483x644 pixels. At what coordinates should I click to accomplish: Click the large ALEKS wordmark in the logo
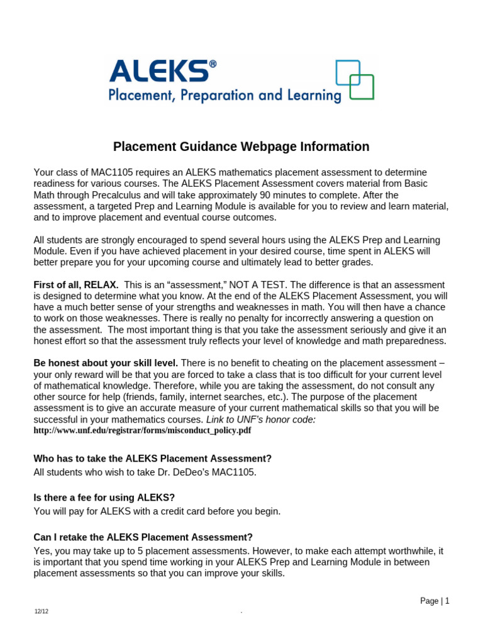click(x=158, y=71)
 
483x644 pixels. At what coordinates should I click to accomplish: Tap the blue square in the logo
click(x=347, y=72)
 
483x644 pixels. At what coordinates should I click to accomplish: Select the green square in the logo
click(x=362, y=87)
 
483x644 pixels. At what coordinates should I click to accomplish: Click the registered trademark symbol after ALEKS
click(x=213, y=64)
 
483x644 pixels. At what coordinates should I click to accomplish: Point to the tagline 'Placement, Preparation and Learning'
click(x=225, y=96)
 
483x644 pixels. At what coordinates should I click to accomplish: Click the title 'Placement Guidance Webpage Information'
click(x=241, y=147)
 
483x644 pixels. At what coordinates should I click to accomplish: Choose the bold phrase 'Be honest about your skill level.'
click(x=106, y=363)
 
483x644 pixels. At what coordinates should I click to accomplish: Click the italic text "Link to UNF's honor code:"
click(x=261, y=419)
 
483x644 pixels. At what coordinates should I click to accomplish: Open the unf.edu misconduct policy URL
click(x=142, y=431)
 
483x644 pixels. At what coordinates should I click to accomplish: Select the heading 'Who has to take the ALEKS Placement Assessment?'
click(x=152, y=458)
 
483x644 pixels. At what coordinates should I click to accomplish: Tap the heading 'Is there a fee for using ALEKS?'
click(x=104, y=497)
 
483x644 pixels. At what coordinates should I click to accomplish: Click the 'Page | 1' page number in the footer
click(x=435, y=601)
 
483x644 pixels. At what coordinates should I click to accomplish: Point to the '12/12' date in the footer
click(x=41, y=612)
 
